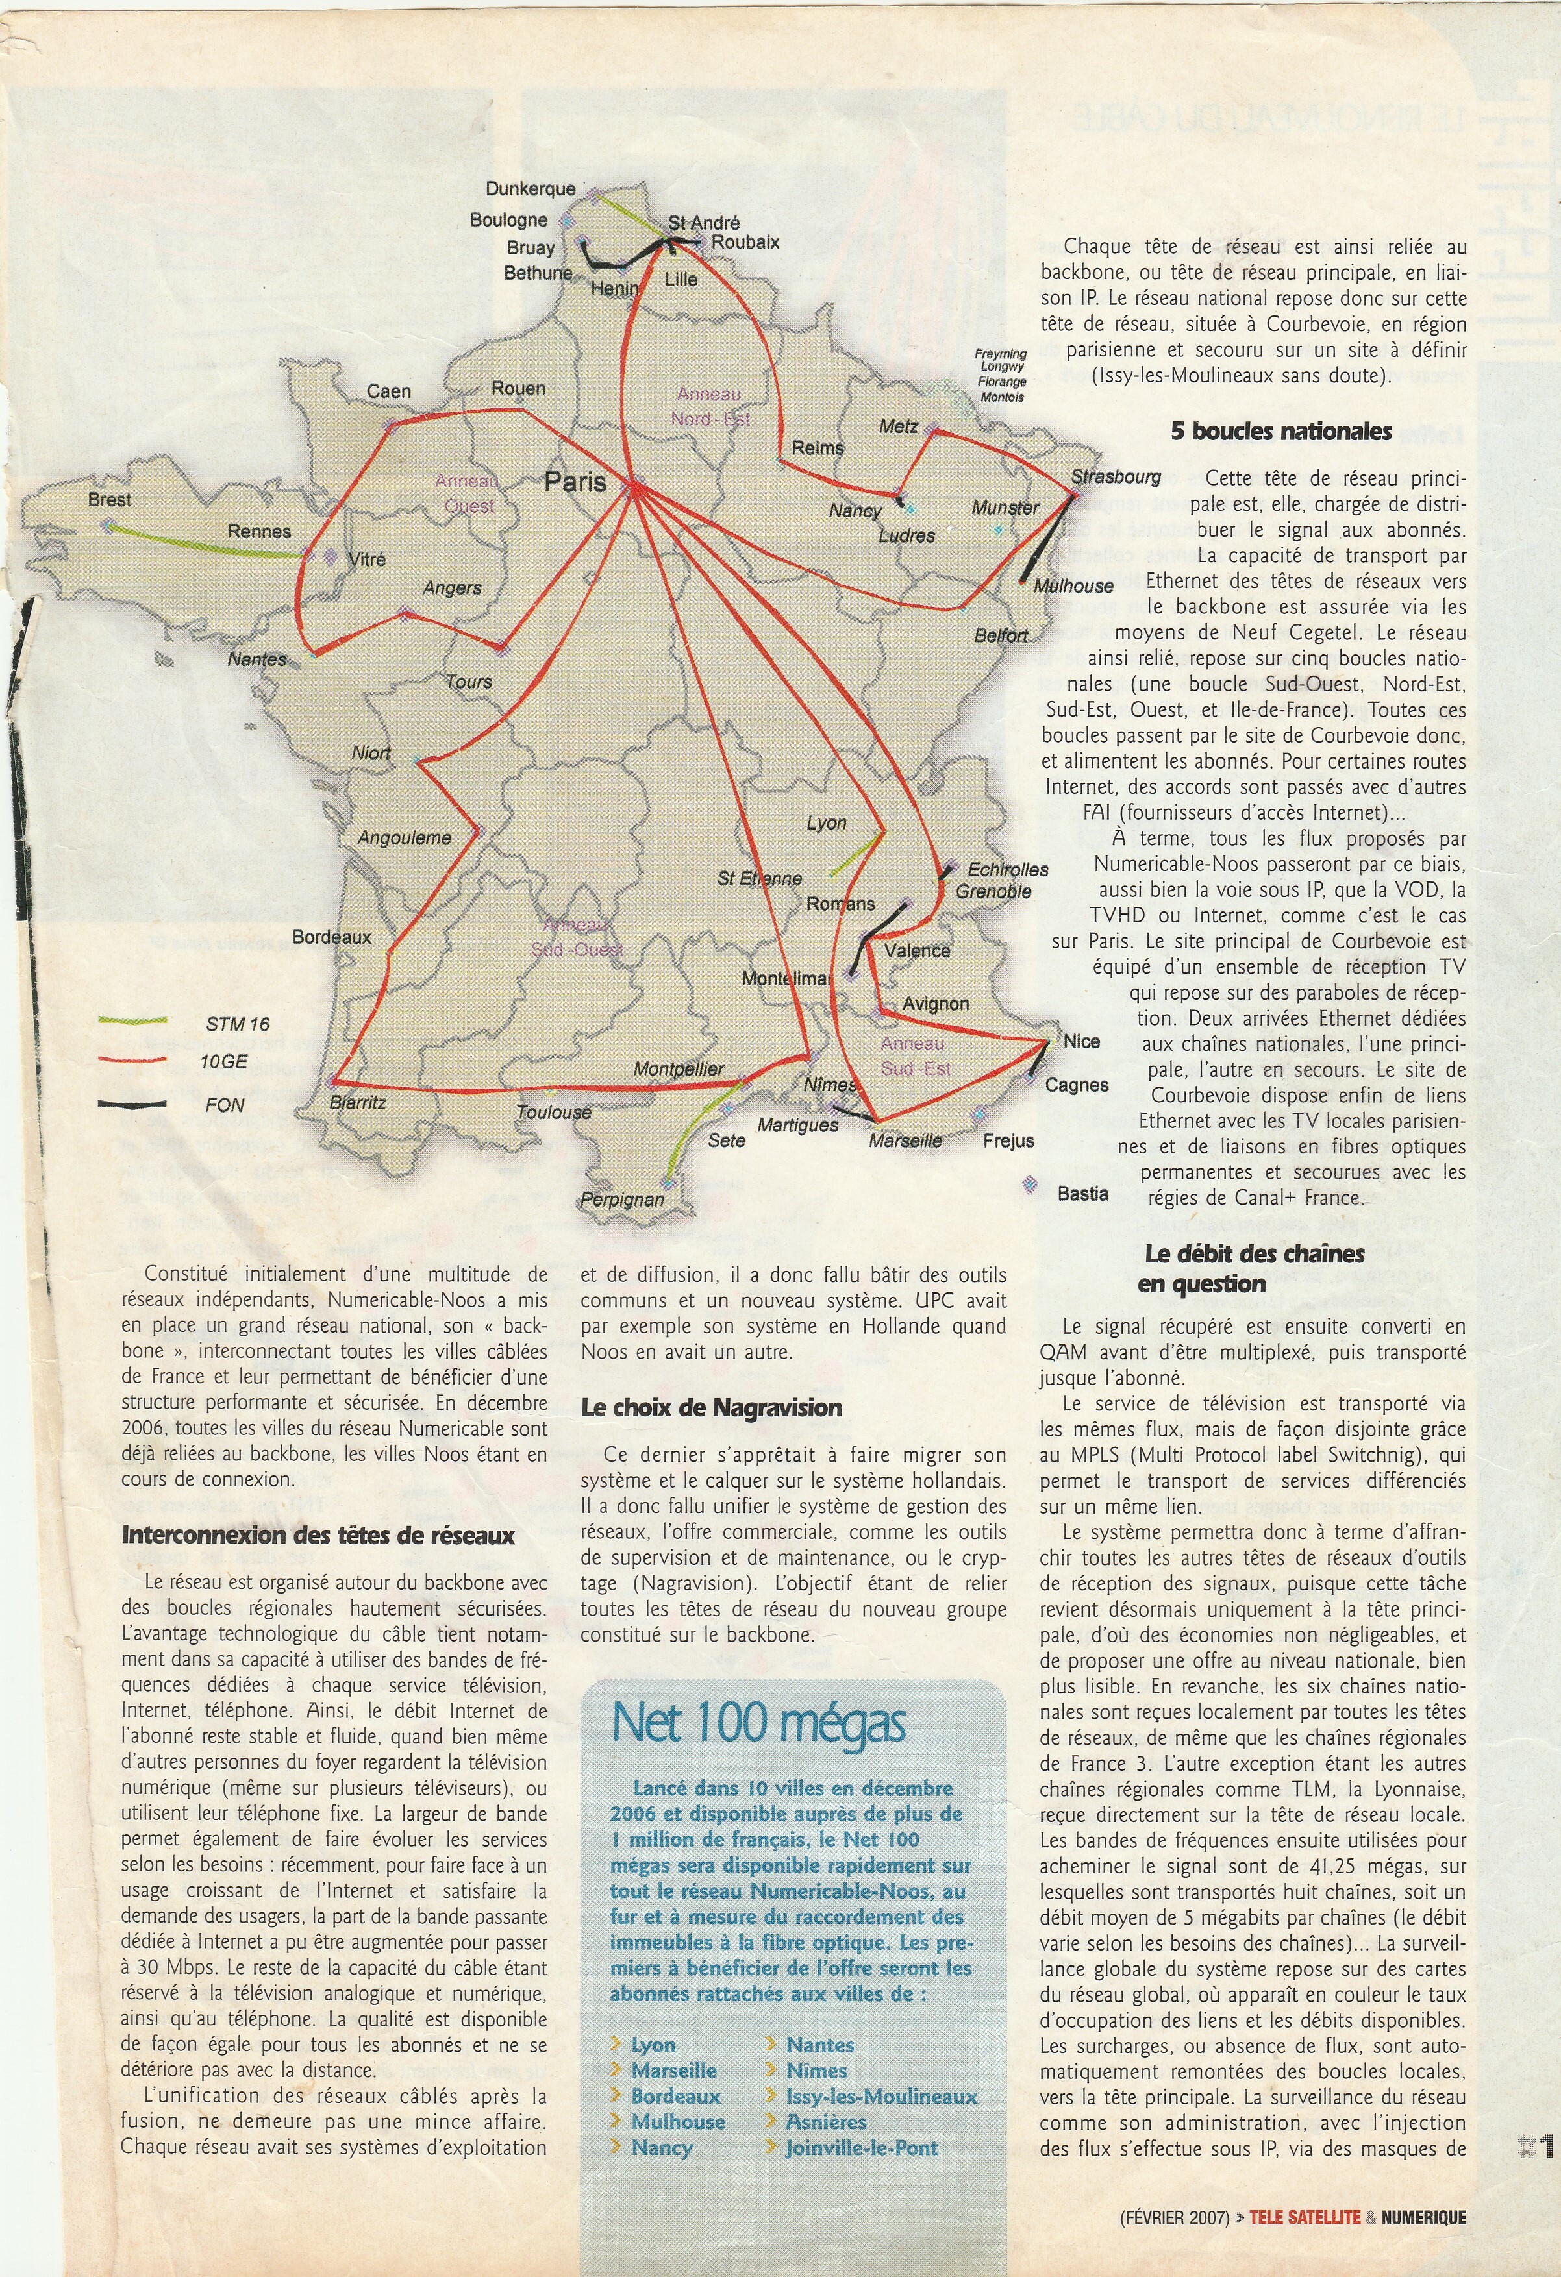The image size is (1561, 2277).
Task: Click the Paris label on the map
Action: tap(575, 481)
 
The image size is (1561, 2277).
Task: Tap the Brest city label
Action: tap(109, 500)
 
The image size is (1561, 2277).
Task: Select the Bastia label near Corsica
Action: tap(1083, 1194)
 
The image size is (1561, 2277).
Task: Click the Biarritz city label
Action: tap(358, 1102)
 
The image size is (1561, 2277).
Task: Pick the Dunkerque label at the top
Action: tap(530, 189)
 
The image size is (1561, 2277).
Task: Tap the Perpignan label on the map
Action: tap(621, 1200)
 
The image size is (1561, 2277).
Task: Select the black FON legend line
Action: tap(132, 1104)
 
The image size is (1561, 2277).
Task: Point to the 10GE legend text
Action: tap(225, 1062)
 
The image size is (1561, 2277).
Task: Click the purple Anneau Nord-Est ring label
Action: tap(710, 406)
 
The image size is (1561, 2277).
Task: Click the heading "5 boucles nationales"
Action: tap(1280, 431)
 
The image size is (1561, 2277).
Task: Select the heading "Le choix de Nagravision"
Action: tap(712, 1408)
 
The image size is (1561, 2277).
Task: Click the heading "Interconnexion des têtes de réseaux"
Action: tap(318, 1535)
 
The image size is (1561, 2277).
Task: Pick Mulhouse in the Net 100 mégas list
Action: tap(678, 2121)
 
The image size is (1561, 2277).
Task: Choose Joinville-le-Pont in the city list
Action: tap(862, 2148)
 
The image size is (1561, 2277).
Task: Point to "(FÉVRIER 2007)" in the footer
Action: tap(1174, 2217)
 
